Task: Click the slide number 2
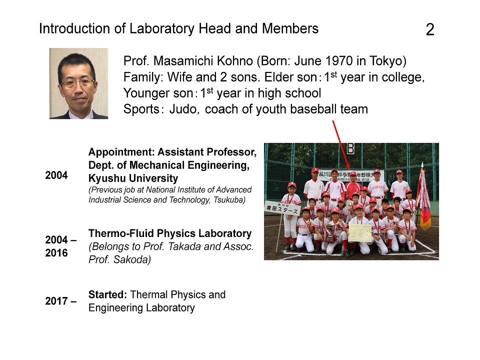pyautogui.click(x=430, y=29)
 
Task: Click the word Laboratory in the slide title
pyautogui.click(x=161, y=29)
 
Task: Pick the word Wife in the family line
pyautogui.click(x=179, y=77)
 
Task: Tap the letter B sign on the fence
pyautogui.click(x=350, y=148)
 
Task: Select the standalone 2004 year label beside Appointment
pyautogui.click(x=56, y=175)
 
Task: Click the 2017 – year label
pyautogui.click(x=61, y=301)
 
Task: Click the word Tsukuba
pyautogui.click(x=229, y=200)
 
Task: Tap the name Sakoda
pyautogui.click(x=132, y=259)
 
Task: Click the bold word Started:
pyautogui.click(x=108, y=294)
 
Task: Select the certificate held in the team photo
pyautogui.click(x=359, y=233)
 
